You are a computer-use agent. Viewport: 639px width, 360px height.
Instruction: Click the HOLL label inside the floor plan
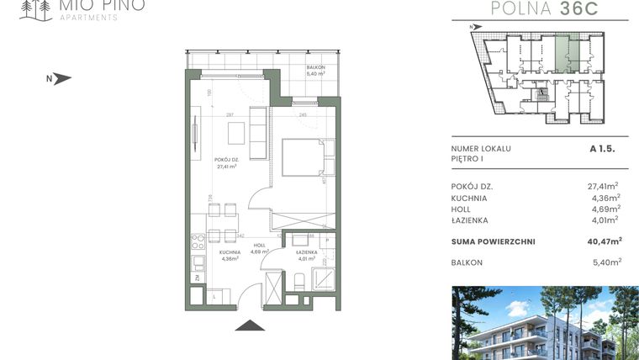click(x=259, y=246)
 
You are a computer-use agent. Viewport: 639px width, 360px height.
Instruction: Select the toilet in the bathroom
click(x=299, y=279)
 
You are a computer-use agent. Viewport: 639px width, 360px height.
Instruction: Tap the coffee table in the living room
click(x=237, y=132)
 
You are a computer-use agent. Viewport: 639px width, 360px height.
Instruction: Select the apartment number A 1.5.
click(x=604, y=149)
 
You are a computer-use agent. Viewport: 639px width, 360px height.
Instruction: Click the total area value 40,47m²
click(x=604, y=241)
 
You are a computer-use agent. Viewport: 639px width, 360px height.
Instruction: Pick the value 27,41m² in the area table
click(x=603, y=186)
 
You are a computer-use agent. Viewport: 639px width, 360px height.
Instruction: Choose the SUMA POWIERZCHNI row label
click(x=493, y=241)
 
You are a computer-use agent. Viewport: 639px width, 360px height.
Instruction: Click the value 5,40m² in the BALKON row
click(x=605, y=262)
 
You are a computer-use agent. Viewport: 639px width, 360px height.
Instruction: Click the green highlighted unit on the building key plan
click(x=566, y=55)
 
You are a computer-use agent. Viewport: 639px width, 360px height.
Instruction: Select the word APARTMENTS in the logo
click(x=89, y=18)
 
